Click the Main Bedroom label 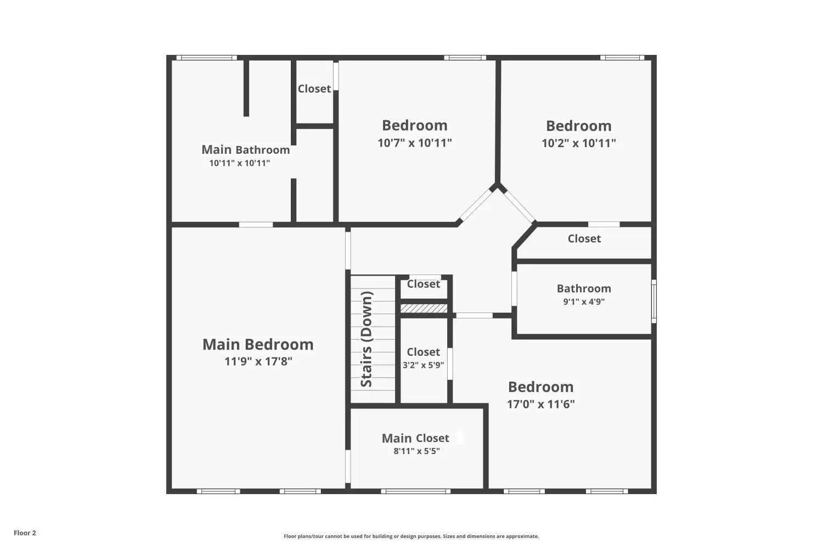(x=258, y=344)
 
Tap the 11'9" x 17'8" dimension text (x=258, y=361)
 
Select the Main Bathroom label (x=245, y=149)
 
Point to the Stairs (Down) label (x=367, y=339)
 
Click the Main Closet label (x=415, y=438)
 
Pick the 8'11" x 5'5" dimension (x=416, y=451)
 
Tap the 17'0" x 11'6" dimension (x=540, y=404)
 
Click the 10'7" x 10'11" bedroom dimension (x=415, y=143)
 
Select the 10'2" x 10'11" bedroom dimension (x=578, y=143)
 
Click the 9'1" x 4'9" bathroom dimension (x=584, y=301)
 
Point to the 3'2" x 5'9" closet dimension (x=423, y=365)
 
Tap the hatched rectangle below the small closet (x=424, y=309)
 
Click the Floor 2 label (x=25, y=533)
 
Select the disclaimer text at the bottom (x=411, y=536)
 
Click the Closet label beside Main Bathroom (x=314, y=88)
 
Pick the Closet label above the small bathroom (x=584, y=238)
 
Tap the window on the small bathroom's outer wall (x=653, y=301)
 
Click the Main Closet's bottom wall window (x=416, y=491)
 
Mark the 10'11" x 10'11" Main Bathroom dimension (x=239, y=163)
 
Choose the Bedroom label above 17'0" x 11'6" (x=540, y=386)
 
